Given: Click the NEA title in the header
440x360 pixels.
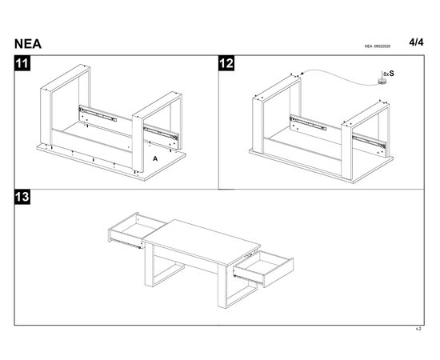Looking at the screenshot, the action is pos(28,44).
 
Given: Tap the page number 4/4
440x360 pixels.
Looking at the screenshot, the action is pos(416,42).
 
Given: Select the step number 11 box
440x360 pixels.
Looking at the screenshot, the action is pos(22,63).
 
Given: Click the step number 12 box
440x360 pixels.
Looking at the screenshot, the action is pos(226,63).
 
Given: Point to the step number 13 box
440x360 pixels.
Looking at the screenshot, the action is pos(22,197).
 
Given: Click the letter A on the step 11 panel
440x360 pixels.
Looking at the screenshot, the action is pos(155,159).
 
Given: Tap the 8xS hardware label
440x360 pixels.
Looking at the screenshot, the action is pos(389,74).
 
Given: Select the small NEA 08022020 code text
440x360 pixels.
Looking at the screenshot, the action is pos(377,46).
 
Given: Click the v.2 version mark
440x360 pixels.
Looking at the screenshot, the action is pos(418,329).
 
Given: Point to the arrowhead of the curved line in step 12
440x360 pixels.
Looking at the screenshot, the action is pos(302,74).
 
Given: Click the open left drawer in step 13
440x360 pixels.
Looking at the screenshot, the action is pos(137,230).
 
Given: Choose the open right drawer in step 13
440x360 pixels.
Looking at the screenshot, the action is pos(263,269).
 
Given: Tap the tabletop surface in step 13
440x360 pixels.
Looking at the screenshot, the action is pos(202,241).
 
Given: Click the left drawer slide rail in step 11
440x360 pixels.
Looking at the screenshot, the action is pos(98,113).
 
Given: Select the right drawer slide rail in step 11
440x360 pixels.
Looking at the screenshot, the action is pos(161,134).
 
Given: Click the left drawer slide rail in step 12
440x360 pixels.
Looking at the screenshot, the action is pos(308,122).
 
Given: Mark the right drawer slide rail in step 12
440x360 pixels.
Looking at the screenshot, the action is pos(369,141).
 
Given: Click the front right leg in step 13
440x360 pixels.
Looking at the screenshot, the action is pos(222,286).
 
